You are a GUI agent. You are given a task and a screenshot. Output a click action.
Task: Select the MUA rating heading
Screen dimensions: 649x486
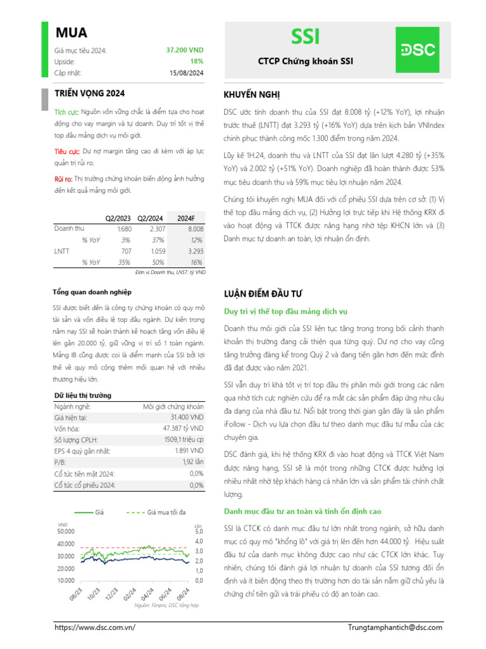coord(72,33)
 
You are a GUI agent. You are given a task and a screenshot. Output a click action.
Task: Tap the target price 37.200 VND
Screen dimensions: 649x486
coord(185,50)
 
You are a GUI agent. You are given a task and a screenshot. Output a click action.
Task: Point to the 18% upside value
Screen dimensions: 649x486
coord(197,61)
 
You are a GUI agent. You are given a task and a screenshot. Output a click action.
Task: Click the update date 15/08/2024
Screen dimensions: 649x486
coord(187,73)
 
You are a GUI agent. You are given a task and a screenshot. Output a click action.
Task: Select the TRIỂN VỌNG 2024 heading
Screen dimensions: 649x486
coord(85,93)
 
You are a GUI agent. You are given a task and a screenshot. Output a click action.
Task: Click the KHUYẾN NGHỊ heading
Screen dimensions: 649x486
coord(251,94)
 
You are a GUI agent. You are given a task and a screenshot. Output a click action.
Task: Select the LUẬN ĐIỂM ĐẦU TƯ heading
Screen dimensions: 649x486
coord(263,294)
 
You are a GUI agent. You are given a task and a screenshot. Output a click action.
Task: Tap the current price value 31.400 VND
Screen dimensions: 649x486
coord(187,418)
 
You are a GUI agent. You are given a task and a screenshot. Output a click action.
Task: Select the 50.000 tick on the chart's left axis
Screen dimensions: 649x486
coord(66,531)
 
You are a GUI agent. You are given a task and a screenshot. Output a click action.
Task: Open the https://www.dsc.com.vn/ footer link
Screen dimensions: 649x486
coord(96,627)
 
